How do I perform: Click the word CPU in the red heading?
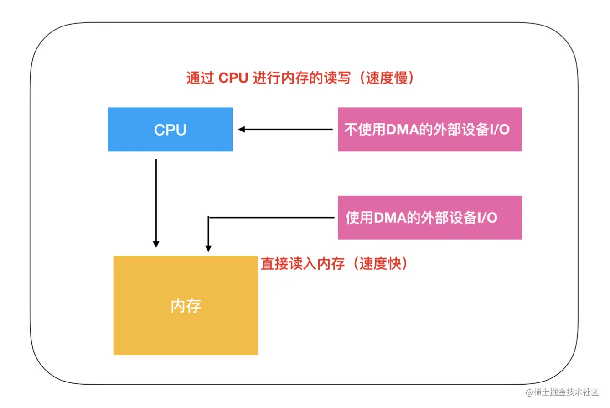point(233,78)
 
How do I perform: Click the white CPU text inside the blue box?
point(170,130)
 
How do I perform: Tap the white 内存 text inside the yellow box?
point(186,306)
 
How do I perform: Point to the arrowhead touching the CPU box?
point(242,129)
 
